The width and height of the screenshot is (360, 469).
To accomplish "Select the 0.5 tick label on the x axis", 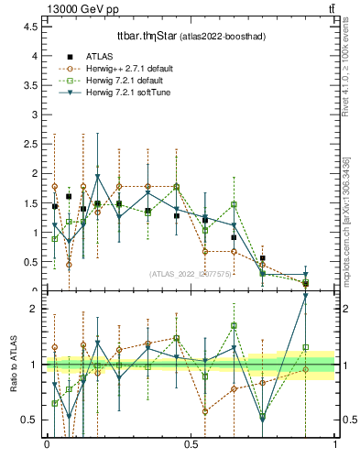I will pos(191,444).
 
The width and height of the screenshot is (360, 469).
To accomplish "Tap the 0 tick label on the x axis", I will pos(47,444).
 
